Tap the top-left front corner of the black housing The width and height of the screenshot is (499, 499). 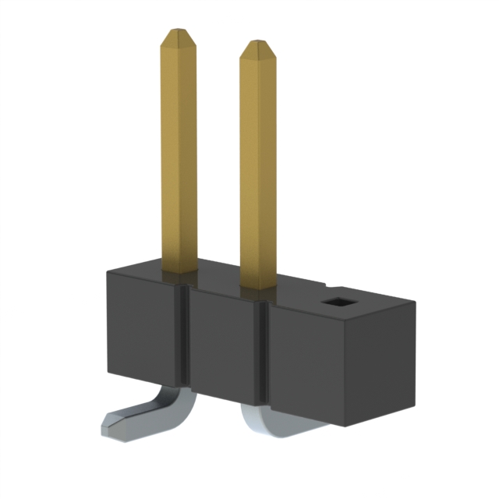[x=108, y=271]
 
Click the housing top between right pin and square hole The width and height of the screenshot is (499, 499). [x=300, y=292]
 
